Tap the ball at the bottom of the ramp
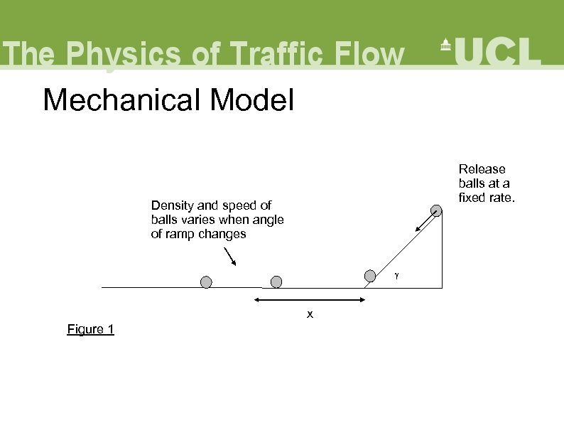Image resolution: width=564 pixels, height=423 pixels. point(370,276)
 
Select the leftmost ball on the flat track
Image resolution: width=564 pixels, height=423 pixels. point(206,282)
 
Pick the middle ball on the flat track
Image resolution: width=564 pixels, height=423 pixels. point(276,282)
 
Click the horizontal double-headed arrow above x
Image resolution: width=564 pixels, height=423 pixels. point(309,301)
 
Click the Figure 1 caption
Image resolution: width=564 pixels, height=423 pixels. point(90,328)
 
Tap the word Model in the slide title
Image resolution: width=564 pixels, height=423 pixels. point(251,100)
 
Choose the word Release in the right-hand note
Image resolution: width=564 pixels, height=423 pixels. point(482,169)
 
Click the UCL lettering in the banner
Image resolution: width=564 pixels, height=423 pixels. point(499,51)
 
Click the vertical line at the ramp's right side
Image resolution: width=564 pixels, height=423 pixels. point(442,249)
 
